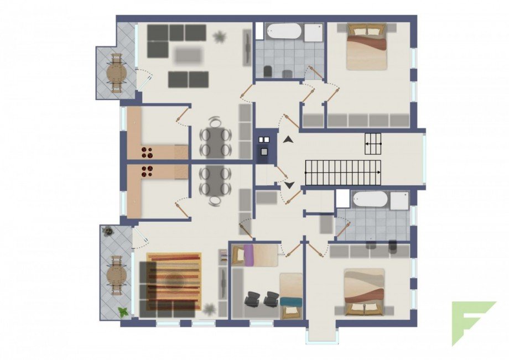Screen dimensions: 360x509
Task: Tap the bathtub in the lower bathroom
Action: tap(371, 199)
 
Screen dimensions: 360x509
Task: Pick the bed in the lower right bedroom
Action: tap(364, 292)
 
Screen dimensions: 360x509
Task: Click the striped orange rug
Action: tap(173, 281)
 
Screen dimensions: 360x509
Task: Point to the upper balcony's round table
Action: tap(117, 72)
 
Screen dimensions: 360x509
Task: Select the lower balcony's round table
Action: tap(116, 275)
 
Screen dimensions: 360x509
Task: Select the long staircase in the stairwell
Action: tap(343, 173)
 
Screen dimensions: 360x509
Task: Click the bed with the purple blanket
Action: tap(254, 255)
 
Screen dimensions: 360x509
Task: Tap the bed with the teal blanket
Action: tap(291, 296)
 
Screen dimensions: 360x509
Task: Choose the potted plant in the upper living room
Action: tap(220, 37)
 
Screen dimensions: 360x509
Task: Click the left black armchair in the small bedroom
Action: tap(252, 299)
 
